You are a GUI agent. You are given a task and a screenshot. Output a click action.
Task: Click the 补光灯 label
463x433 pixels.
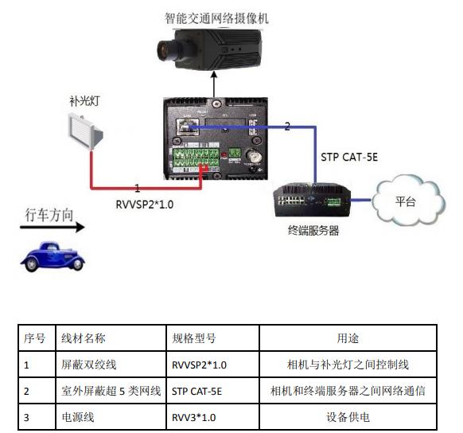pyautogui.click(x=84, y=101)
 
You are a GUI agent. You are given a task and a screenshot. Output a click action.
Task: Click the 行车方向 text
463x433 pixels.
pyautogui.click(x=49, y=215)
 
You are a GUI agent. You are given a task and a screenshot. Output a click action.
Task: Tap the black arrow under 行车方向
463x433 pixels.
pyautogui.click(x=53, y=228)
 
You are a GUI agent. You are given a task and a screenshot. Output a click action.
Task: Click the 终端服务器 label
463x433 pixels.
pyautogui.click(x=313, y=231)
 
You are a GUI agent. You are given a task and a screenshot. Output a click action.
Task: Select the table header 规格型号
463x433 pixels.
pyautogui.click(x=193, y=338)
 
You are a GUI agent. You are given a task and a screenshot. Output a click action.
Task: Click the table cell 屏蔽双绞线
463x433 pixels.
pyautogui.click(x=89, y=365)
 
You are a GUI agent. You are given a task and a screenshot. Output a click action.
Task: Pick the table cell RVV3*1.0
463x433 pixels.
pyautogui.click(x=194, y=417)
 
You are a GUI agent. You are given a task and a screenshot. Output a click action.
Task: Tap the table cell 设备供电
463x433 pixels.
pyautogui.click(x=347, y=417)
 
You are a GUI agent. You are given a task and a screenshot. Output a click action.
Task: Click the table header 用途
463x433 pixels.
pyautogui.click(x=347, y=338)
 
